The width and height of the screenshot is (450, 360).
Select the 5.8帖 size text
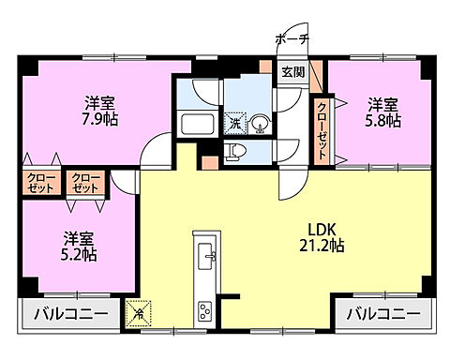pyautogui.click(x=383, y=120)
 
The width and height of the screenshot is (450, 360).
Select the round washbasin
pyautogui.click(x=261, y=122)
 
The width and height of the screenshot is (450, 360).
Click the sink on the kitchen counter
pyautogui.click(x=208, y=252)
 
